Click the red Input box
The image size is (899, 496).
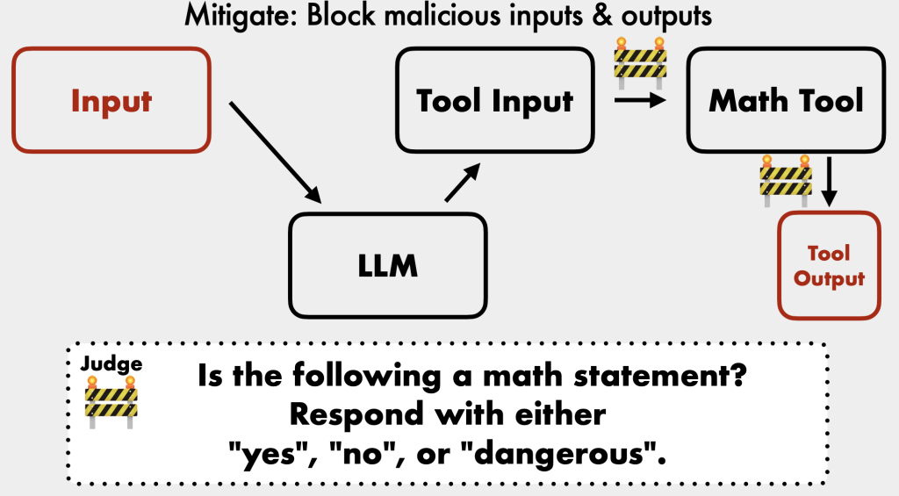coord(111,100)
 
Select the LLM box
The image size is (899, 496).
coord(387,265)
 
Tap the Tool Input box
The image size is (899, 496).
coord(494,100)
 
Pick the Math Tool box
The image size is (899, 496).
coord(786,100)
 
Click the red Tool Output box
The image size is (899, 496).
coord(829,265)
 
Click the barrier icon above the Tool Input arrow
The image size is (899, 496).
coord(640,60)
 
